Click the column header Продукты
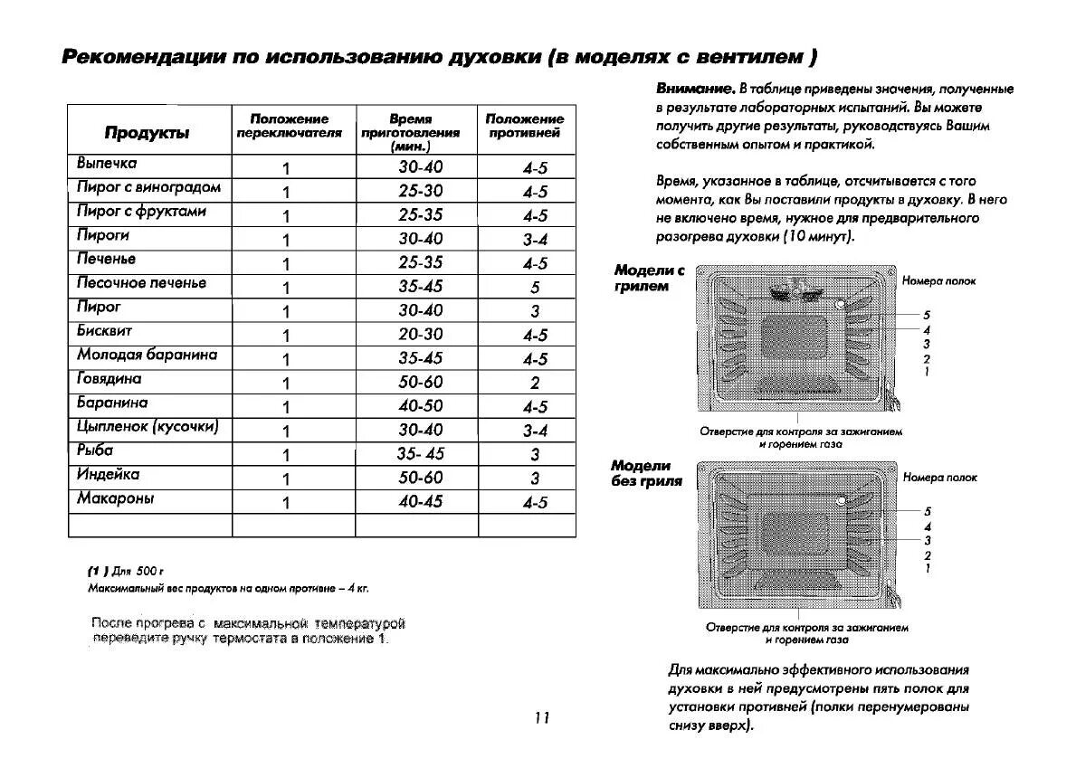(147, 133)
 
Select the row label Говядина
(109, 379)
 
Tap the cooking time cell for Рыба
(421, 454)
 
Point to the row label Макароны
(115, 498)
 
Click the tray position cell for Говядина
(535, 383)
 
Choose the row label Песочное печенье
(141, 283)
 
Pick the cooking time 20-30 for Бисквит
(421, 335)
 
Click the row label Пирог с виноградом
(148, 187)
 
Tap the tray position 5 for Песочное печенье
(535, 288)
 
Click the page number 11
(541, 718)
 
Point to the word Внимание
(694, 89)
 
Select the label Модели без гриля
(646, 473)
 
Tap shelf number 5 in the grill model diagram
(927, 315)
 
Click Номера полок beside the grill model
(938, 281)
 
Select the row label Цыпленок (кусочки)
(148, 427)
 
